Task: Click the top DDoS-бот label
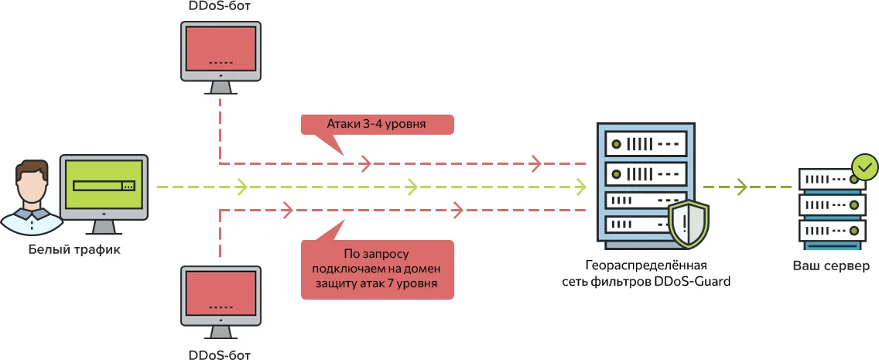point(220,6)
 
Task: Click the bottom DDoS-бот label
point(220,355)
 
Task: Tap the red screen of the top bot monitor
point(221,48)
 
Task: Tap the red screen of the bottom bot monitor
point(221,294)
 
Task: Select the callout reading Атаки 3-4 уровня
point(376,125)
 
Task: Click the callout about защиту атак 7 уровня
point(376,269)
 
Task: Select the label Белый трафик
point(74,249)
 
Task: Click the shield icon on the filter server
point(687,222)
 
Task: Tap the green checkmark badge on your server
point(864,166)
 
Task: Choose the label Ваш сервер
point(831,266)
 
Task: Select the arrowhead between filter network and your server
point(741,187)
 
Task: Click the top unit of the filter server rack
point(645,144)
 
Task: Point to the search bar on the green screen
point(104,186)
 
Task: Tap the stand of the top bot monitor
point(221,86)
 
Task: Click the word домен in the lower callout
point(422,269)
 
